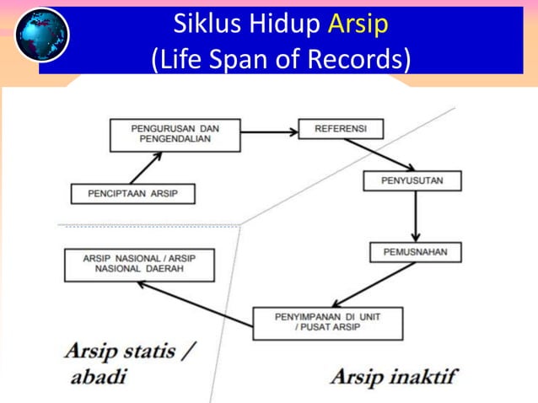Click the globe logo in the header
[41, 35]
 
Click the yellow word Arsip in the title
[358, 24]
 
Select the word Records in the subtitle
[368, 59]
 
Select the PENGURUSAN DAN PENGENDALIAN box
[175, 134]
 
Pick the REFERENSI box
[340, 129]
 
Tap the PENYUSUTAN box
[412, 180]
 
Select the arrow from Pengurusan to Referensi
[269, 131]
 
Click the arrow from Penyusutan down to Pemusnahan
[415, 217]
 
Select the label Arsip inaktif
[393, 374]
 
